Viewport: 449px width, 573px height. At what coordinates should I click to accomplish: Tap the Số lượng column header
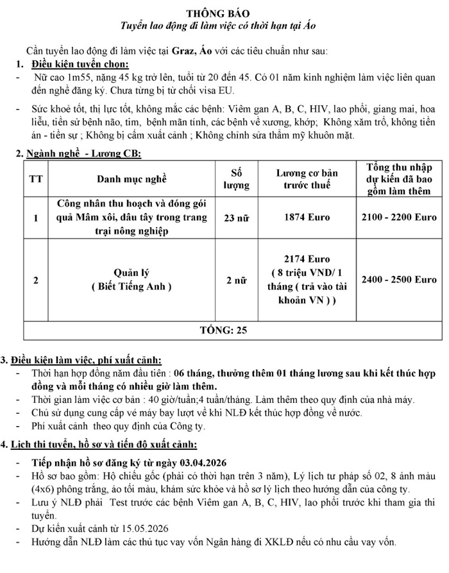[x=235, y=178]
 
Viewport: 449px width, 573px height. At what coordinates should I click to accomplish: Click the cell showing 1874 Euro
[x=307, y=218]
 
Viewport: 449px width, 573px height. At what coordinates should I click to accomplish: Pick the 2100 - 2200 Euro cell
[x=399, y=218]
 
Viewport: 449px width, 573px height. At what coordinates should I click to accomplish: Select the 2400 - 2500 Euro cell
[x=399, y=280]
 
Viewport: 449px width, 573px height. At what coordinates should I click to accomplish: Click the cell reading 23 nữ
[x=235, y=218]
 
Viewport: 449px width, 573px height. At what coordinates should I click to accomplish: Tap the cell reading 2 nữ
[x=235, y=280]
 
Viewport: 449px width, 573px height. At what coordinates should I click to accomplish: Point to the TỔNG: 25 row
[x=224, y=330]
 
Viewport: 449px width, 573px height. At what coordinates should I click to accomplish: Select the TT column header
[x=36, y=178]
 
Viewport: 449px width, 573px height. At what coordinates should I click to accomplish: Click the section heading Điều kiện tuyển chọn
[x=81, y=64]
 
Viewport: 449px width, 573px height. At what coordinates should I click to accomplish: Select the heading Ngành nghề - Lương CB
[x=83, y=154]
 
